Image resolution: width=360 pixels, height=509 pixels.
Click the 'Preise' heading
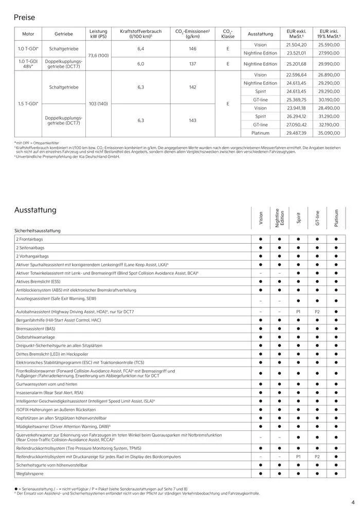[25, 17]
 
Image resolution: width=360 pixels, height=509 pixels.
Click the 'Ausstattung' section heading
[35, 210]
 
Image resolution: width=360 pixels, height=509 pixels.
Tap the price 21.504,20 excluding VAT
[296, 45]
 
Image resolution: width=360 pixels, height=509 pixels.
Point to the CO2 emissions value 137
[192, 64]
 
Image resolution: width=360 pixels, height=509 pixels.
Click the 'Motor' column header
[28, 34]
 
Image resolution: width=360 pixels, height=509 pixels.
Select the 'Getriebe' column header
[64, 34]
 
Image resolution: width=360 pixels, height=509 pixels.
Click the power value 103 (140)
[98, 104]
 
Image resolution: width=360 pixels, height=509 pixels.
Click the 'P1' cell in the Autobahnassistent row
[298, 312]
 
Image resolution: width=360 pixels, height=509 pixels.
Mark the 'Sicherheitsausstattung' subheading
[38, 231]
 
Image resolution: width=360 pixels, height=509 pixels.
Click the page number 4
[353, 502]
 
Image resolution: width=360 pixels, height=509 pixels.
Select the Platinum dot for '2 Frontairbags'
[336, 239]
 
